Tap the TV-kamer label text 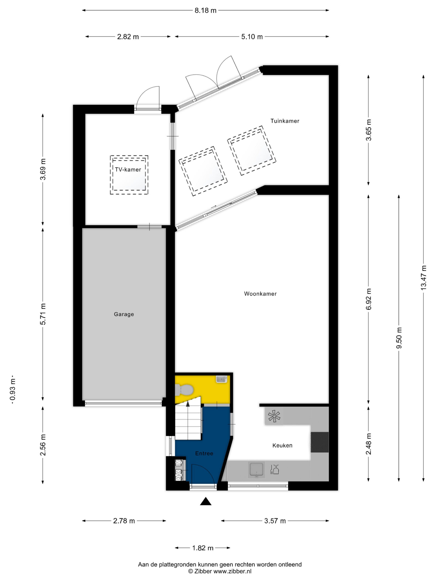(x=128, y=170)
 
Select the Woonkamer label (x=260, y=294)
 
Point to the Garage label (x=124, y=314)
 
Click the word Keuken (x=282, y=445)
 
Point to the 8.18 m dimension (x=206, y=10)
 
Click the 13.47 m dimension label (x=423, y=278)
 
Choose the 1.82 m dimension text (x=203, y=548)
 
